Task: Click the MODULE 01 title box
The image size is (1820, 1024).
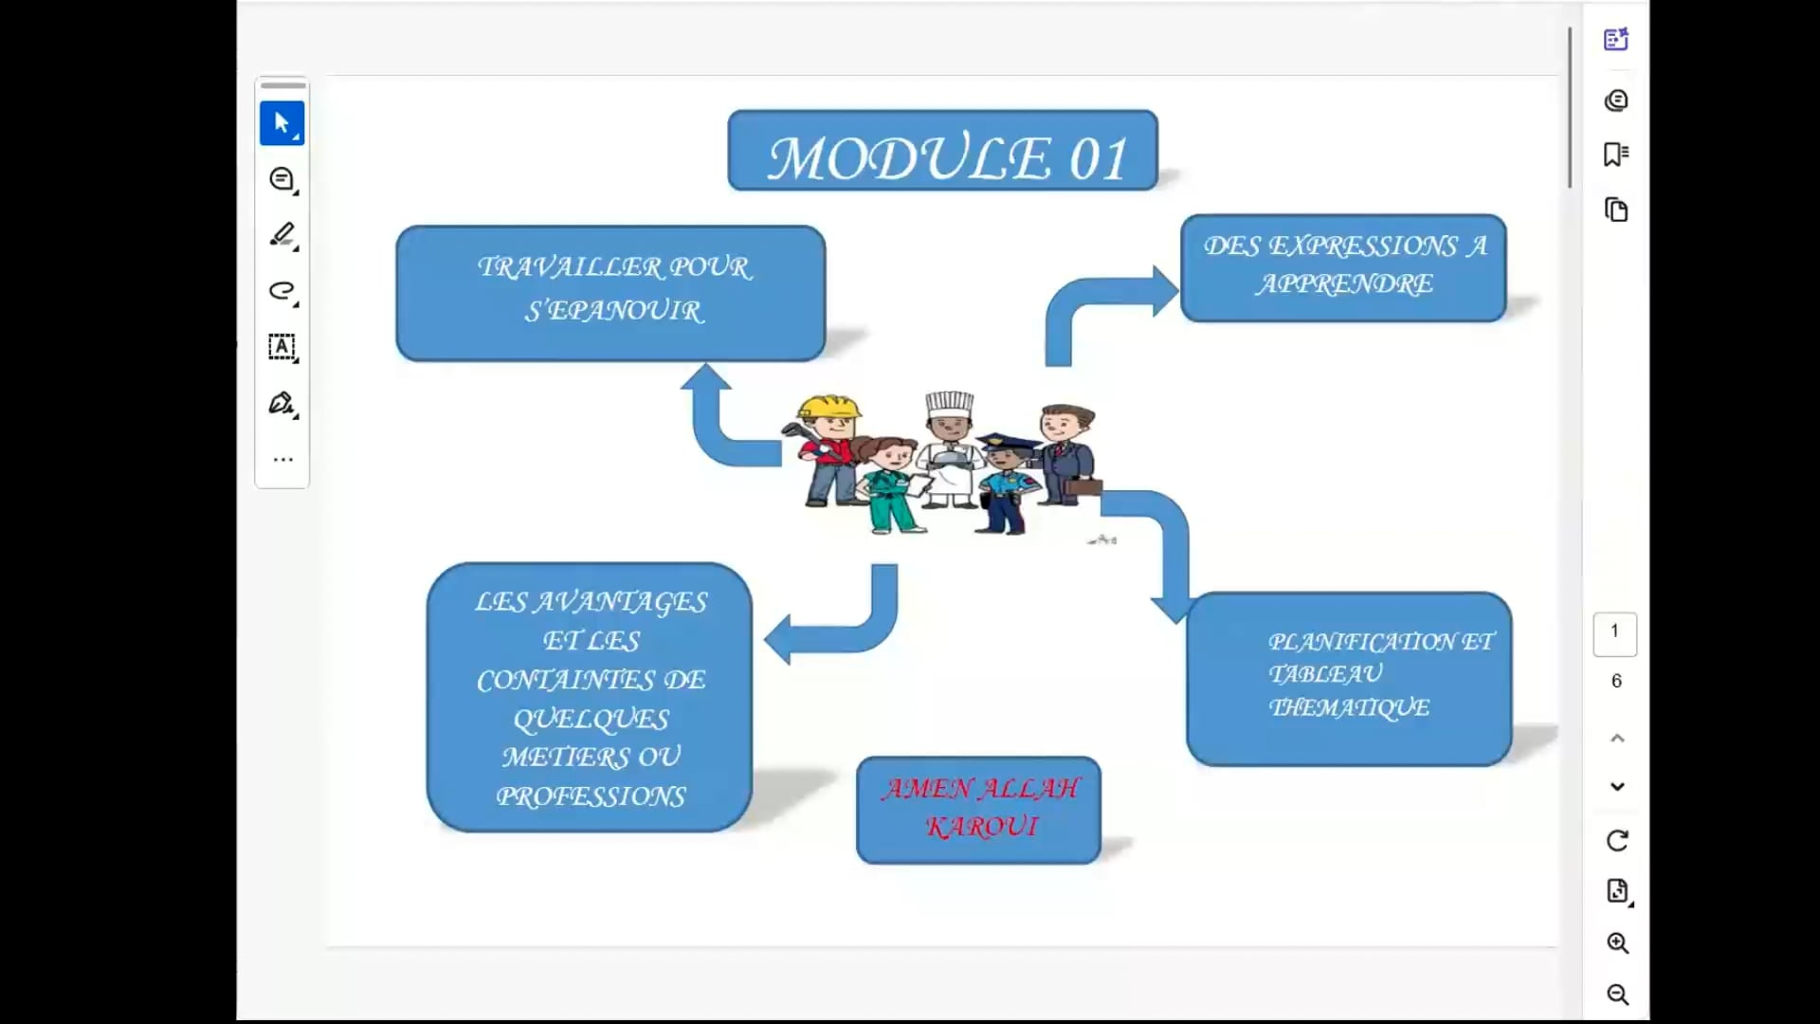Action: pos(942,152)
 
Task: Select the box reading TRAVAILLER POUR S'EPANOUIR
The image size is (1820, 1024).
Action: pos(610,292)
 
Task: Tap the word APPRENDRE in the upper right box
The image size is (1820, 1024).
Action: pos(1344,284)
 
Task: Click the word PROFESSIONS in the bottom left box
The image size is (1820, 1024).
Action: pos(591,796)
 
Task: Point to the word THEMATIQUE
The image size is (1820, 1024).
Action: pos(1349,707)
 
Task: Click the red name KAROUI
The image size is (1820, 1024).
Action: pos(981,827)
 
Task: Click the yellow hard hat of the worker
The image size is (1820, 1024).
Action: pos(828,408)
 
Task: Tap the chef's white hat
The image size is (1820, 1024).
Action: pos(949,404)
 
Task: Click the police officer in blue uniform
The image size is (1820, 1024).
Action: pos(1007,484)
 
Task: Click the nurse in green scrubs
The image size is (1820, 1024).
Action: pos(886,488)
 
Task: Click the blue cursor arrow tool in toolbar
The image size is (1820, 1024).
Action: pos(282,123)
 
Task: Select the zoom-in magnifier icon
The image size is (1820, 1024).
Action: pos(1617,943)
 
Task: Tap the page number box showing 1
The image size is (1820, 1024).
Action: pos(1614,632)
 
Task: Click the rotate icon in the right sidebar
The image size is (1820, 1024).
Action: pos(1617,841)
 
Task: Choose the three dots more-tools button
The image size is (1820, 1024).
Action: pos(282,460)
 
